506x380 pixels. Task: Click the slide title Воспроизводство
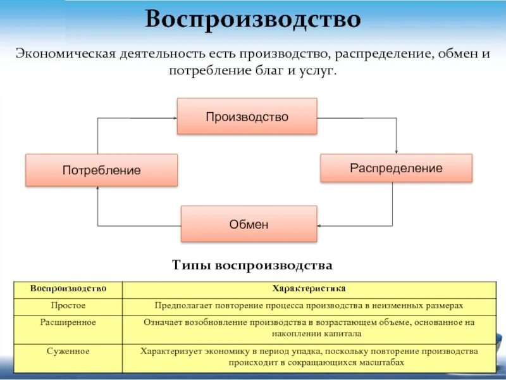click(x=253, y=20)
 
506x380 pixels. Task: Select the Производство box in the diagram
click(x=247, y=117)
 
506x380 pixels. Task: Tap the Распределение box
click(x=396, y=168)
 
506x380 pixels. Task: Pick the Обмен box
click(x=249, y=224)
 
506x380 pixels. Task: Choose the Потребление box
click(x=101, y=170)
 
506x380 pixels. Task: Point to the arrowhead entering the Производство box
click(x=174, y=117)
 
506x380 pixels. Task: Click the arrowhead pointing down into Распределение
click(x=396, y=151)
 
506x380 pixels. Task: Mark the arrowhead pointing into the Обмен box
click(x=319, y=225)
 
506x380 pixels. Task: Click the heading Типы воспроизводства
click(x=252, y=264)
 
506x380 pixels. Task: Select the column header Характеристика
click(x=309, y=289)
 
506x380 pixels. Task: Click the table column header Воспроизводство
click(x=68, y=289)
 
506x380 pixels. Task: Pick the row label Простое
click(x=68, y=305)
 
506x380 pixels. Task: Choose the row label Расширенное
click(x=68, y=322)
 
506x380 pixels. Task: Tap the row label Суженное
click(x=68, y=350)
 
